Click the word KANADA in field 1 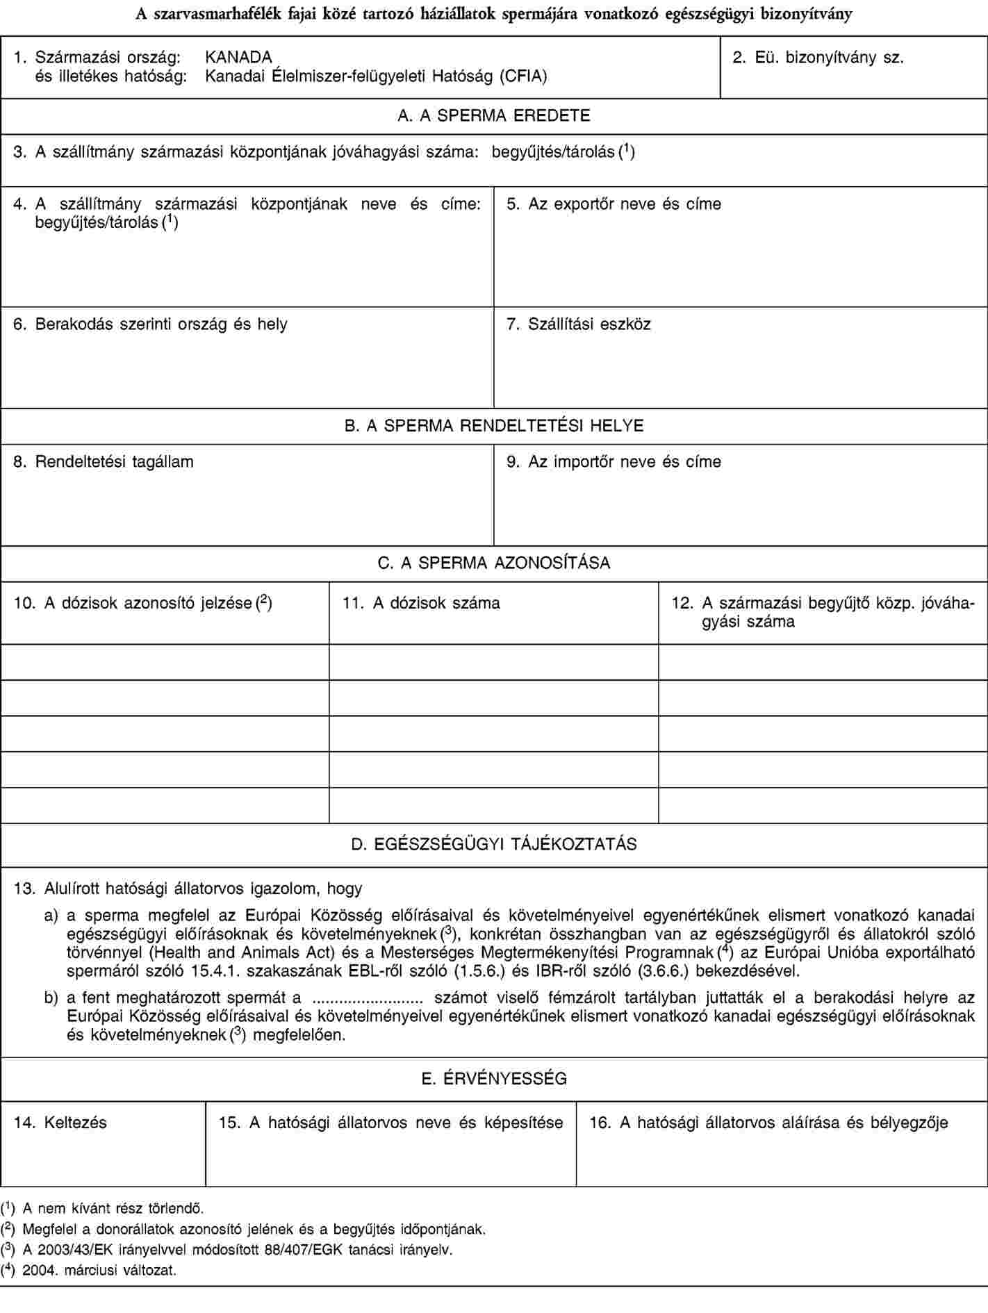point(238,56)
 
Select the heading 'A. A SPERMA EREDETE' point(494,116)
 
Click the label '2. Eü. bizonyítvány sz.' point(818,57)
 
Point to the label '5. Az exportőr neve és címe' point(614,204)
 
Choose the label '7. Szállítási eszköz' point(579,324)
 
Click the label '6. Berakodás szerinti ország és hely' point(151,324)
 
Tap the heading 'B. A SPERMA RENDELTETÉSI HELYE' point(494,426)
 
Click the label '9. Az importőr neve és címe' point(614,461)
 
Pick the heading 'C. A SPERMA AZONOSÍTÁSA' point(494,563)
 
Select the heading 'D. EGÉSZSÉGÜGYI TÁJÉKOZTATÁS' point(494,844)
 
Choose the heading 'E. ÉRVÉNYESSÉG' point(494,1079)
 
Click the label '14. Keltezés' point(60,1122)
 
